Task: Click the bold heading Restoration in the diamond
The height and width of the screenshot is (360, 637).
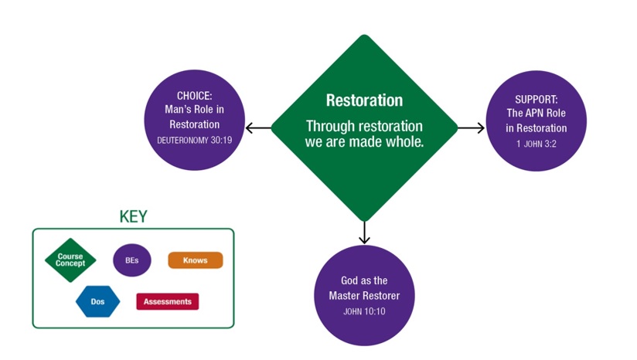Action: pyautogui.click(x=364, y=100)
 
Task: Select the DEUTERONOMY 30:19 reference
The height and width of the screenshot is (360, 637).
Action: pyautogui.click(x=194, y=141)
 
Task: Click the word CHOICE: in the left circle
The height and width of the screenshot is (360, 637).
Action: pyautogui.click(x=194, y=96)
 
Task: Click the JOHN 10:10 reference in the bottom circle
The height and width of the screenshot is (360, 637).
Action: pyautogui.click(x=363, y=311)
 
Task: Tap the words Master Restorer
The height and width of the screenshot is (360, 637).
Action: pyautogui.click(x=363, y=296)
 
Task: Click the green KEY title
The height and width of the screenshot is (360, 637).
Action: pyautogui.click(x=133, y=217)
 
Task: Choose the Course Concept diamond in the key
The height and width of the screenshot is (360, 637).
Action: pyautogui.click(x=70, y=260)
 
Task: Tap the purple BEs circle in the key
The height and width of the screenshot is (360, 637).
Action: pyautogui.click(x=131, y=260)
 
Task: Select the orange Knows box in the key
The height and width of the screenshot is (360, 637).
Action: pyautogui.click(x=196, y=260)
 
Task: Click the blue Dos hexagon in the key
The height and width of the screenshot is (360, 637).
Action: pyautogui.click(x=97, y=301)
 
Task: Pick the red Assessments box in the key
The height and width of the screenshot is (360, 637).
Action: pyautogui.click(x=167, y=301)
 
